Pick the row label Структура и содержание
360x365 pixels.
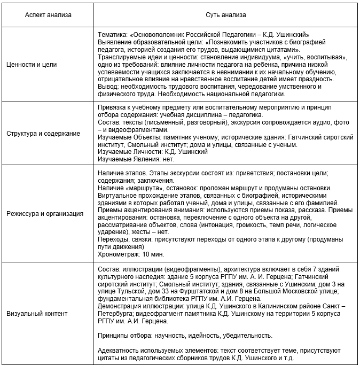tap(43, 133)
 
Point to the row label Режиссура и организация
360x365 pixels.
tap(44, 214)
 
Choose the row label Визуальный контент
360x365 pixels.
tap(37, 313)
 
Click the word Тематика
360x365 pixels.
tap(113, 34)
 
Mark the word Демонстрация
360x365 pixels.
tap(120, 306)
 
